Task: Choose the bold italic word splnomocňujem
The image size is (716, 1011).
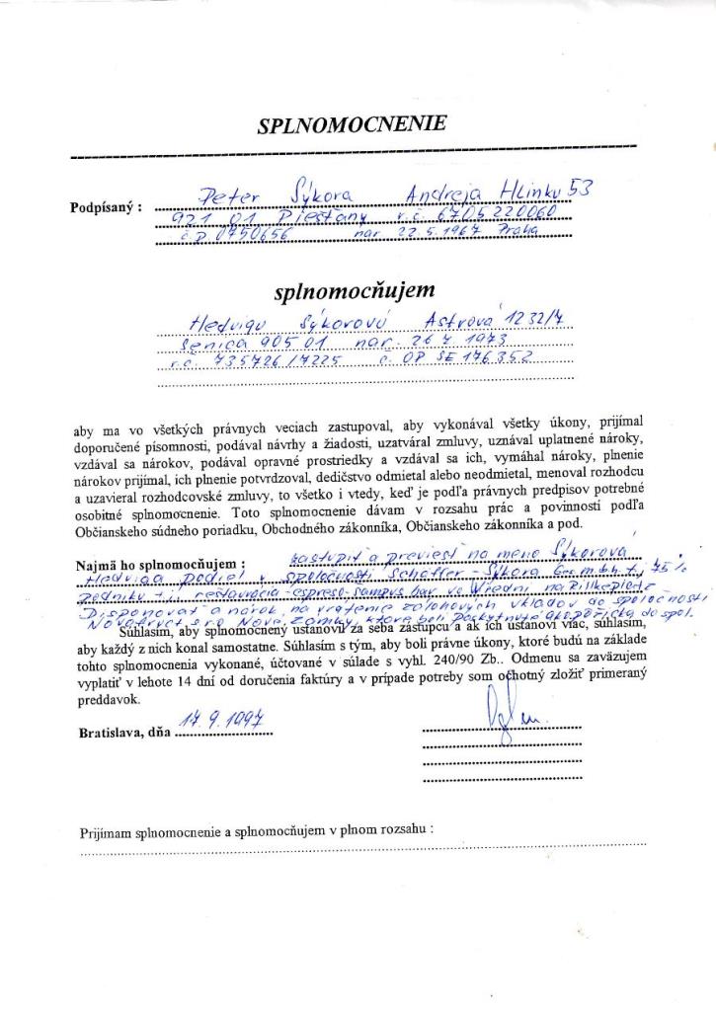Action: click(x=354, y=291)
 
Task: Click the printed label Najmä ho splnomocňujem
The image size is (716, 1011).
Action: click(x=159, y=566)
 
